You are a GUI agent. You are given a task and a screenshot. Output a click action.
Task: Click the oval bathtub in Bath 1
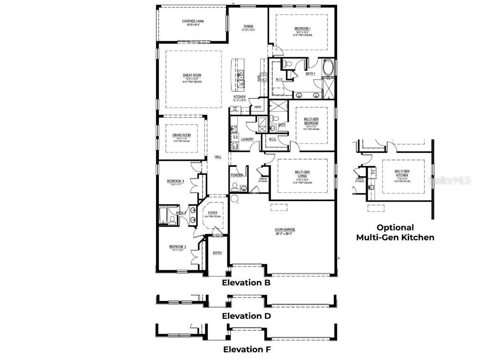[328, 68]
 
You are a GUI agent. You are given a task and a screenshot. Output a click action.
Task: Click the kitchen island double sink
[240, 74]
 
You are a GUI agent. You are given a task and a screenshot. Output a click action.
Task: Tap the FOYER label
[212, 213]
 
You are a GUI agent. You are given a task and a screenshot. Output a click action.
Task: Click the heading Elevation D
[246, 316]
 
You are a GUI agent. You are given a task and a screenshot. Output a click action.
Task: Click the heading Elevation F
[246, 349]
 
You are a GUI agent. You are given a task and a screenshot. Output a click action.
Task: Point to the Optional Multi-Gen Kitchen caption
[395, 232]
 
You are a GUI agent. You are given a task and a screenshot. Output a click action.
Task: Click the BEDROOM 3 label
[175, 181]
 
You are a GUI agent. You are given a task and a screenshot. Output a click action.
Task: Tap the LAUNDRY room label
[247, 139]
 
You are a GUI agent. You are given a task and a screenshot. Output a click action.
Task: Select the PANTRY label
[257, 106]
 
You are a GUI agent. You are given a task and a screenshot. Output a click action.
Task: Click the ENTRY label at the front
[217, 253]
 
